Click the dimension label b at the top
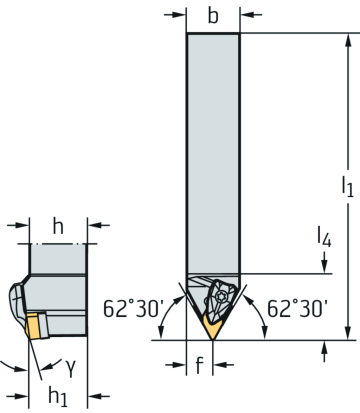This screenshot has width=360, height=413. click(213, 16)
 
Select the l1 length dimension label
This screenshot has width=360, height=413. click(347, 187)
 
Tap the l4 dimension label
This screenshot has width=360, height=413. click(324, 237)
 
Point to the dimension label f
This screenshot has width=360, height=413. click(199, 365)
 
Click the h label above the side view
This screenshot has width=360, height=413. click(58, 227)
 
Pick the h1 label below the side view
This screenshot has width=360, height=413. click(58, 397)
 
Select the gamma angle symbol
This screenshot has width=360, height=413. click(70, 368)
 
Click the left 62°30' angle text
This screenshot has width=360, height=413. click(132, 308)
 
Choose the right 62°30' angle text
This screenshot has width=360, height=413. click(297, 308)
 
